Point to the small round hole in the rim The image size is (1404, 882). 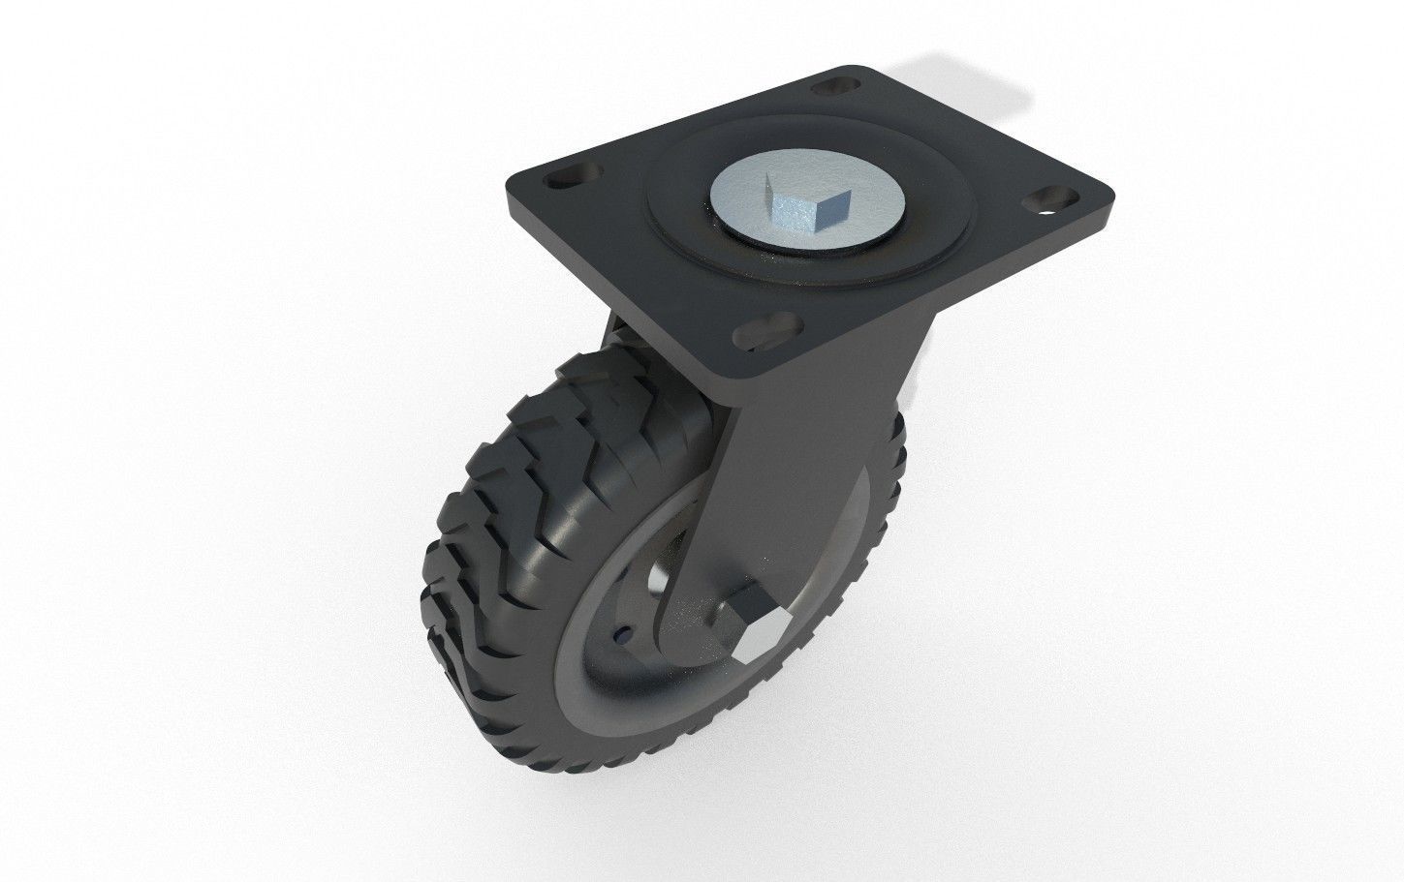[621, 636]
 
